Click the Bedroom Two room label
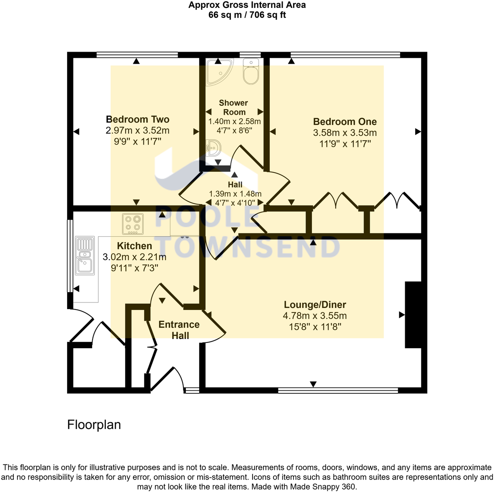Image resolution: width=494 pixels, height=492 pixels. click(x=138, y=119)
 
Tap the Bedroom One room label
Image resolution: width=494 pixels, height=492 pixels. click(x=345, y=122)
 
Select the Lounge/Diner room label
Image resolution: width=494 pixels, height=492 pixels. click(x=315, y=305)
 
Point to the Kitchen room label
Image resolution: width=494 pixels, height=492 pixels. click(x=134, y=246)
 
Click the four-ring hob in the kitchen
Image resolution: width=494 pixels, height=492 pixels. click(x=133, y=224)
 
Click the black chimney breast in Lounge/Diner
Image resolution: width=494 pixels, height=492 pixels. click(x=413, y=315)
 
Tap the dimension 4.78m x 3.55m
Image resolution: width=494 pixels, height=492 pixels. click(x=315, y=316)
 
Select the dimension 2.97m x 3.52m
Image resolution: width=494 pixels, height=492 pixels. click(x=138, y=130)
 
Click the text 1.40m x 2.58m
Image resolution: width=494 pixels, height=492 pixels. click(x=234, y=122)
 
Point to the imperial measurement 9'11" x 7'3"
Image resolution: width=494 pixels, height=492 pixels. click(x=134, y=268)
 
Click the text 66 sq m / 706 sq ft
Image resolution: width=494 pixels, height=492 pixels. click(x=247, y=15)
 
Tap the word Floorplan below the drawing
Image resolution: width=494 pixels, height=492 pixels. click(x=94, y=425)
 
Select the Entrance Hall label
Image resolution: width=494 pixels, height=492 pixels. click(x=179, y=330)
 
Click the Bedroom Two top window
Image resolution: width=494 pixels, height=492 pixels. click(x=137, y=54)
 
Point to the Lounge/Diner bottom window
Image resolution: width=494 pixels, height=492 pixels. click(x=338, y=390)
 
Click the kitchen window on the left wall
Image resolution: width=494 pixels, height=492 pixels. click(x=70, y=255)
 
